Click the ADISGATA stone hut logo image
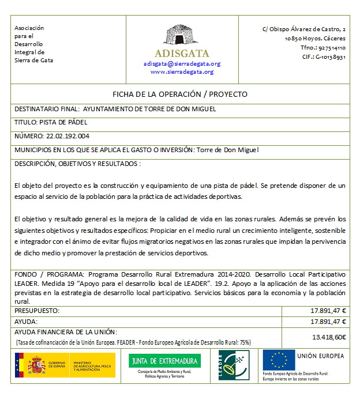pyautogui.click(x=182, y=36)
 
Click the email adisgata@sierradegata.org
pyautogui.click(x=182, y=64)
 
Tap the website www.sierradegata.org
pyautogui.click(x=182, y=72)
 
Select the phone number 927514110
pyautogui.click(x=332, y=48)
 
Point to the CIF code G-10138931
pyautogui.click(x=328, y=57)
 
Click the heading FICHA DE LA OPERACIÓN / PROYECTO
pyautogui.click(x=180, y=94)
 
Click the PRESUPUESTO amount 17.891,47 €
pyautogui.click(x=328, y=311)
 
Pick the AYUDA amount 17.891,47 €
pyautogui.click(x=328, y=321)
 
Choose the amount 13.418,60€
pyautogui.click(x=329, y=337)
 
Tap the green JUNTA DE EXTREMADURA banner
pyautogui.click(x=164, y=361)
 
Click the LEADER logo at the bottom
pyautogui.click(x=234, y=364)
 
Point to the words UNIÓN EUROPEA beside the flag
pyautogui.click(x=320, y=356)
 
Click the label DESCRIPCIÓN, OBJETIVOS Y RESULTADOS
pyautogui.click(x=77, y=164)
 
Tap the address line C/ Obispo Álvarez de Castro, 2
pyautogui.click(x=304, y=28)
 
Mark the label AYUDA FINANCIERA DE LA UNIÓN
pyautogui.click(x=66, y=331)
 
